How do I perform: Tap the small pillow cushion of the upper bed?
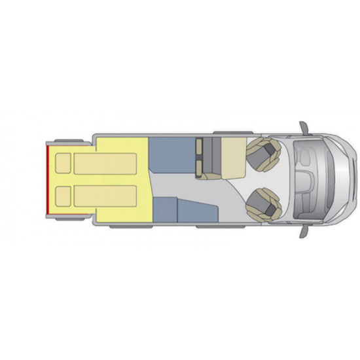click(x=63, y=164)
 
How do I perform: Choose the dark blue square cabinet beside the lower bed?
click(x=164, y=209)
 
